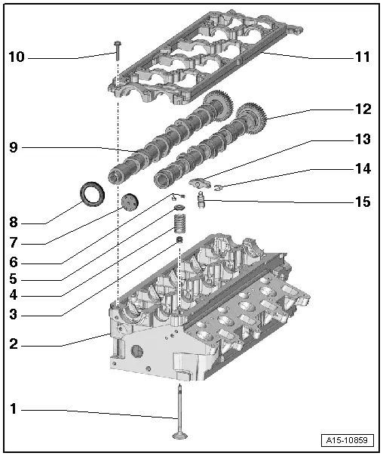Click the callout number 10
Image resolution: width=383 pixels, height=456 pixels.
(x=17, y=57)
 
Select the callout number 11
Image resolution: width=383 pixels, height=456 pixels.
(x=363, y=57)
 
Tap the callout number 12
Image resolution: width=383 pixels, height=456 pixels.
(x=363, y=109)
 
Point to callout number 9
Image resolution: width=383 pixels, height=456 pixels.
(x=13, y=148)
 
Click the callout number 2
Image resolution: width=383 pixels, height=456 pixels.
(x=13, y=344)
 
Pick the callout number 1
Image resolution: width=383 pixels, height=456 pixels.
(x=13, y=409)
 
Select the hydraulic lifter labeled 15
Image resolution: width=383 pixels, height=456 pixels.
(x=202, y=201)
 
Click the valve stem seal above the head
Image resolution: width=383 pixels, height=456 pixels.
(x=180, y=242)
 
